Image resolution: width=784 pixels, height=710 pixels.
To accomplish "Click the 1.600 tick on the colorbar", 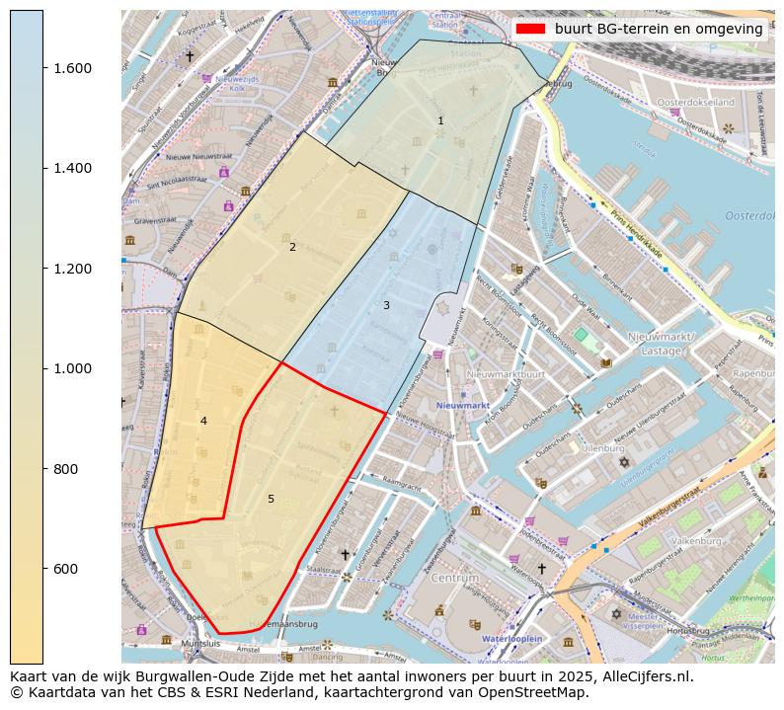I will point(73,68).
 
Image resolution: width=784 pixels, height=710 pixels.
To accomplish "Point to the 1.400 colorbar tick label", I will point(73,168).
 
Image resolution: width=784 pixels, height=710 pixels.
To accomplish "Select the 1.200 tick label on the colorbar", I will point(73,269).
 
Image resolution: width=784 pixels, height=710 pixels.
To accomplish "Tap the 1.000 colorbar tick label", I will point(73,368).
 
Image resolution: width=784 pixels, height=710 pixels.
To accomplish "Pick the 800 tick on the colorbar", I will point(66,469).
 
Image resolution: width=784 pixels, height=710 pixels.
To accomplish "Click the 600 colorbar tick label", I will point(66,569).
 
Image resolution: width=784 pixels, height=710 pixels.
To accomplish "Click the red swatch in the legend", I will point(530,29).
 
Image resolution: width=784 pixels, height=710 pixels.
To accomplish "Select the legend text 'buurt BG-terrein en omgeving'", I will point(659,29).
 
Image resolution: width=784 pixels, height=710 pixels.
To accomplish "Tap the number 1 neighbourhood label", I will point(440,120).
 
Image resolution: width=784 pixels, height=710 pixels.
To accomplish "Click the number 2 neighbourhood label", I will point(292,247).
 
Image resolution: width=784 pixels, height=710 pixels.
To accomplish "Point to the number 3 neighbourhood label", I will point(386,305).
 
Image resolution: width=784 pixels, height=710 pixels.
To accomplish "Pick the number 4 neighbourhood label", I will point(203,421).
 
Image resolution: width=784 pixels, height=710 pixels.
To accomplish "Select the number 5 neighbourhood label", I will point(271,499).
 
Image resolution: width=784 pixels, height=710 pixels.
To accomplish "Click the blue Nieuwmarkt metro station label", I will point(463,406).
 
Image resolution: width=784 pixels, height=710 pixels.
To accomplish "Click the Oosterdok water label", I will point(748,215).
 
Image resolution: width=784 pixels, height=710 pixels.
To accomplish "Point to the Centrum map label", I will point(454,577).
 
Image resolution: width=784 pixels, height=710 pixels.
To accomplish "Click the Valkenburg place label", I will point(697,541).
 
